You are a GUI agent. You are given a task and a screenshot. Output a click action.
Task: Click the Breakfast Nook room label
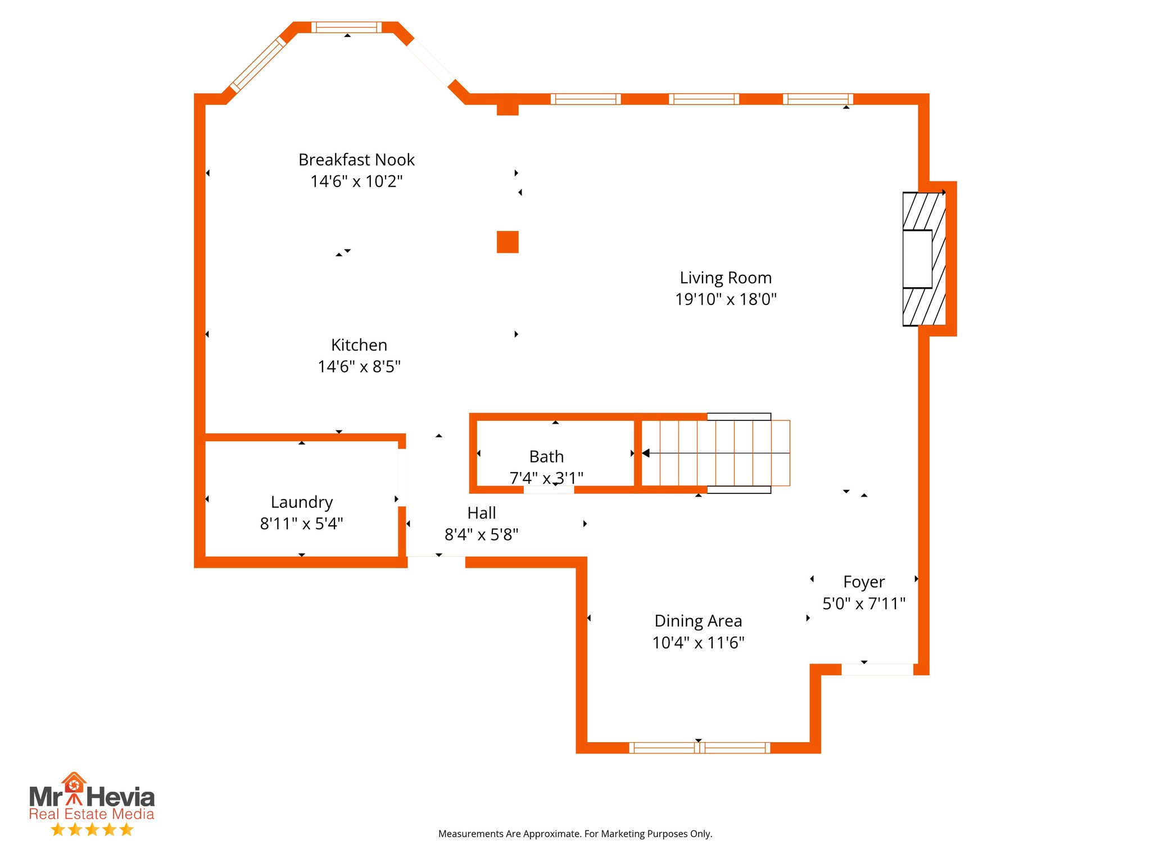(356, 160)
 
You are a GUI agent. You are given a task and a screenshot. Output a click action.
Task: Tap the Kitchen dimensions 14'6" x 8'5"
(359, 367)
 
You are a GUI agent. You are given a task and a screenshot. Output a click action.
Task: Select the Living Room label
(726, 278)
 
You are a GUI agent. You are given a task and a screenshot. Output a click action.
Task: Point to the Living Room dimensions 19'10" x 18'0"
(726, 299)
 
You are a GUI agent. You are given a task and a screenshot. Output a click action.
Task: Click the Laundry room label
(302, 502)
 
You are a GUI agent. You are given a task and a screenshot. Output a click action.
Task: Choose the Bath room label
(546, 457)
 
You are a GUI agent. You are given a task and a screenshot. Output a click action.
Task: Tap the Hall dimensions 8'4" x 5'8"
(481, 535)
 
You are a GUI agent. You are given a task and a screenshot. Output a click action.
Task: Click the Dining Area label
(698, 621)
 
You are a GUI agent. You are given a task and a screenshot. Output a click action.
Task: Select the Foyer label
(864, 582)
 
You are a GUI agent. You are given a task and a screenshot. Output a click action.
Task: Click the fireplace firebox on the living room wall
(917, 259)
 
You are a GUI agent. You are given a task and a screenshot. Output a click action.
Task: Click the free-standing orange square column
(507, 242)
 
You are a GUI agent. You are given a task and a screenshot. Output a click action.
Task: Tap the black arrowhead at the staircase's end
(646, 453)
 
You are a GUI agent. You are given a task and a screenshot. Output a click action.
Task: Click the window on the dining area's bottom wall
(699, 748)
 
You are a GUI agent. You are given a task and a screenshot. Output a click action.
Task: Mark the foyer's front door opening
(877, 669)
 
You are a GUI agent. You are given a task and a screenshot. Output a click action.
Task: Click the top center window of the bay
(347, 27)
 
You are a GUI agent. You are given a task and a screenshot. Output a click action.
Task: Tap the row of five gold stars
(92, 830)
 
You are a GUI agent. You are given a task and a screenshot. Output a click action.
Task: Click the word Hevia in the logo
(121, 797)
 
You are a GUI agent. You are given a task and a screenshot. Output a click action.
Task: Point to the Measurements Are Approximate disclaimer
(575, 834)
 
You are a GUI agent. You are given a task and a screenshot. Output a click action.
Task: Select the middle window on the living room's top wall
(704, 99)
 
